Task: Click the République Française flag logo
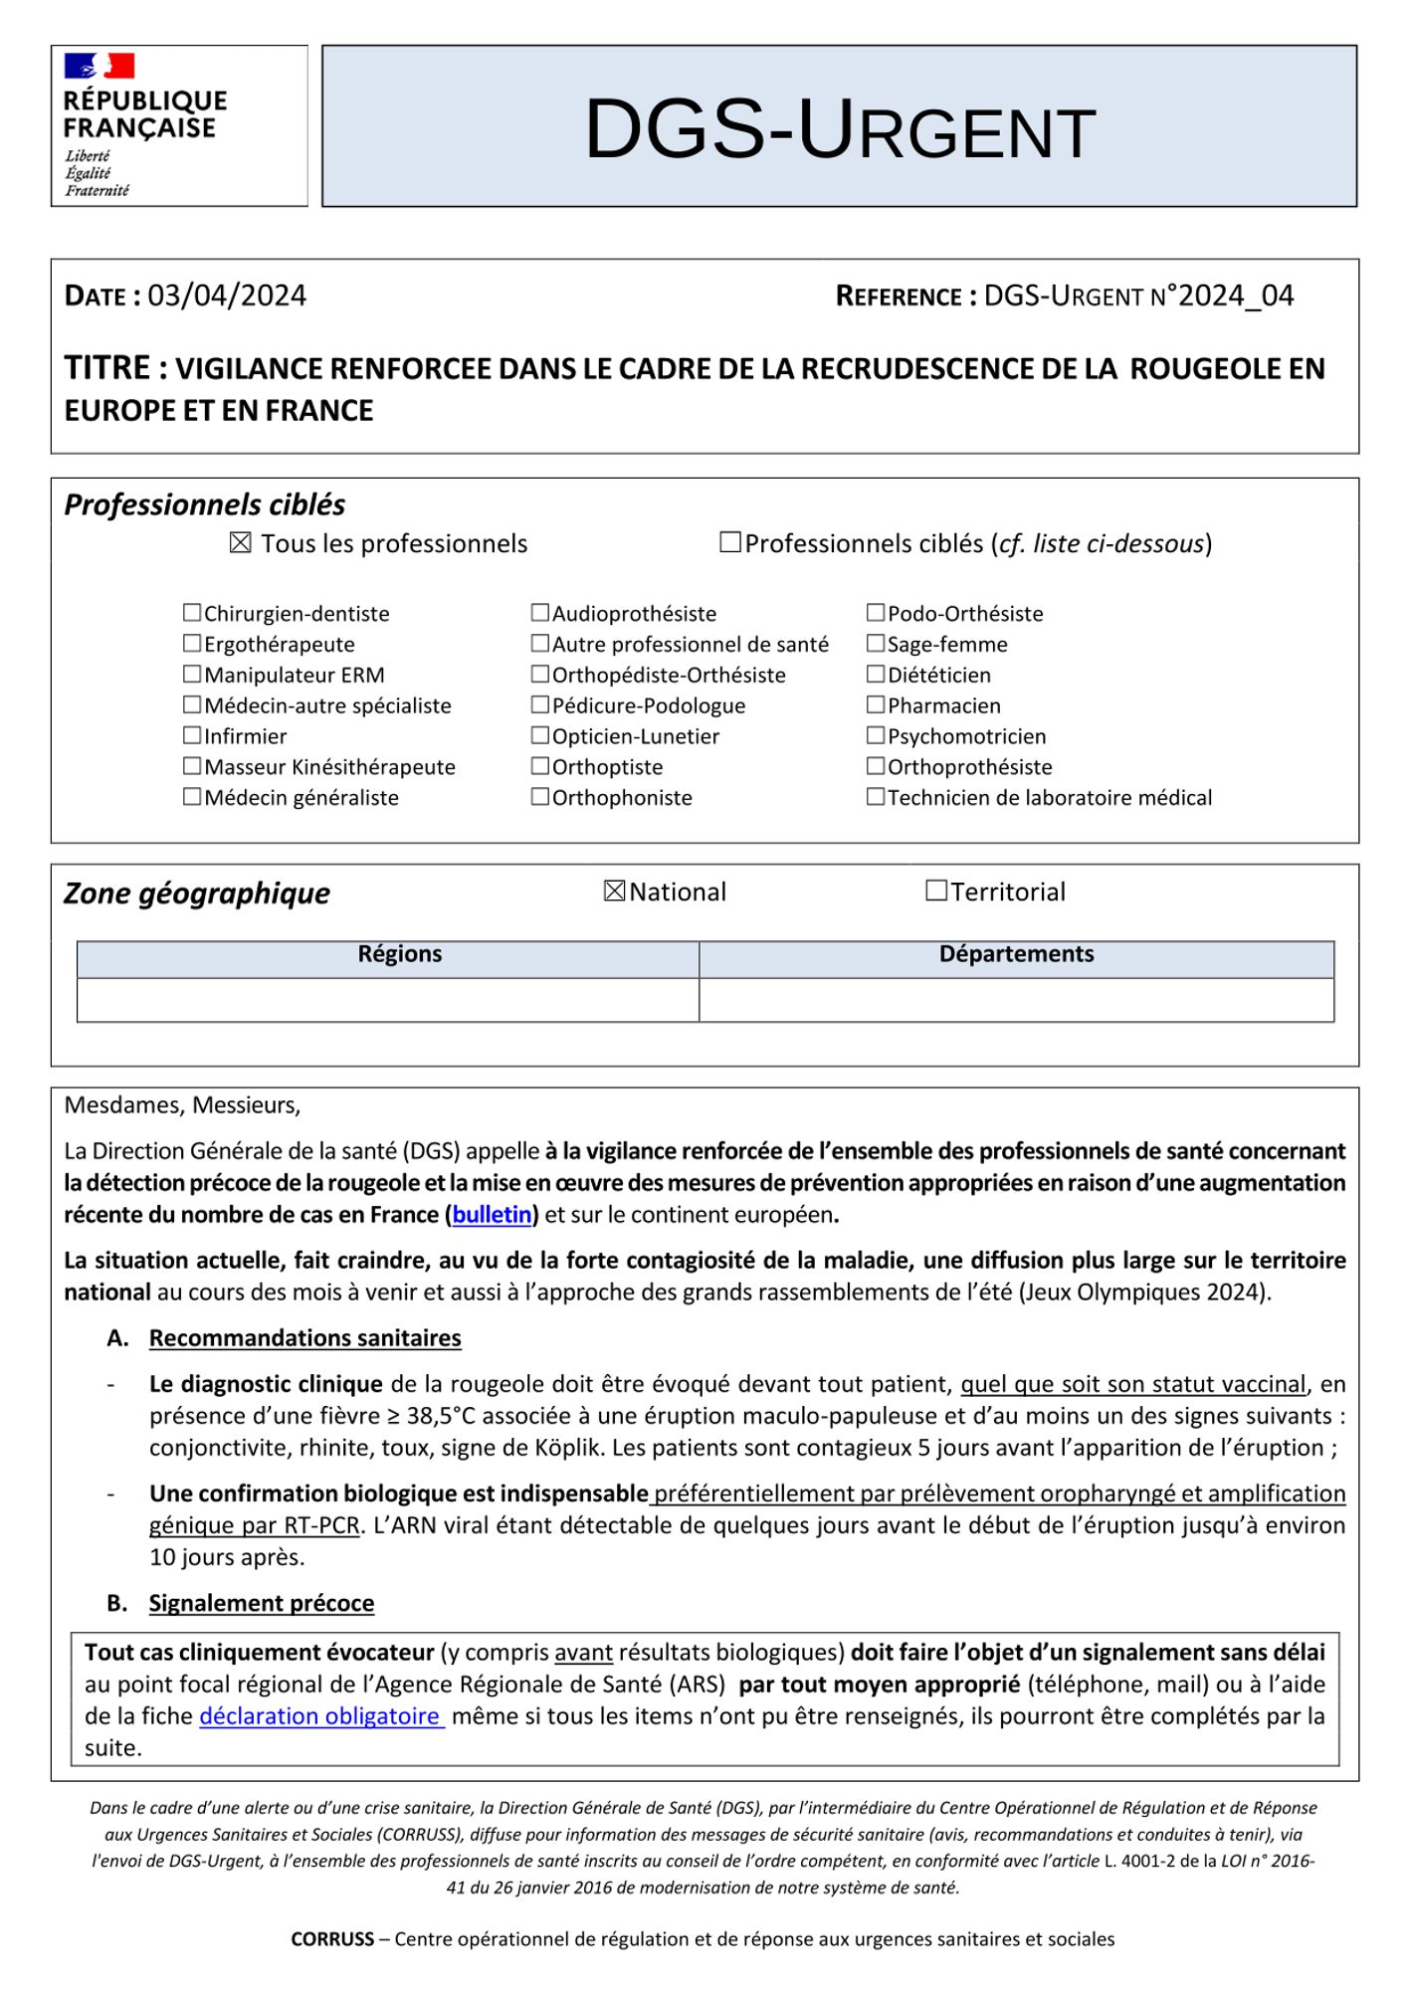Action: tap(100, 67)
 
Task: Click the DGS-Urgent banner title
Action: tap(839, 129)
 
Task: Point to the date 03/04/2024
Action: tap(227, 296)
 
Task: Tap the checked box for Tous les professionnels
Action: tap(240, 543)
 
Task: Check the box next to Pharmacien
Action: tap(876, 704)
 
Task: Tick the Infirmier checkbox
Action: tap(192, 735)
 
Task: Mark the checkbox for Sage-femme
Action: tap(876, 643)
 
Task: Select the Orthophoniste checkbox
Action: tap(540, 796)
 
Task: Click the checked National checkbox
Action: tap(615, 891)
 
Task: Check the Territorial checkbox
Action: tap(936, 891)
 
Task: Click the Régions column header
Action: tap(399, 954)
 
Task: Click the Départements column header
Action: tap(1016, 954)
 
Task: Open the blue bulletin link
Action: tap(492, 1215)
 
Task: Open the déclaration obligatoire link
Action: tap(320, 1716)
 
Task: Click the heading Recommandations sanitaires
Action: tap(304, 1338)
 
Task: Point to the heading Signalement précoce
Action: tap(262, 1603)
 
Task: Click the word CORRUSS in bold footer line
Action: tap(332, 1939)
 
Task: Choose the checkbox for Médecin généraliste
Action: tap(192, 796)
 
